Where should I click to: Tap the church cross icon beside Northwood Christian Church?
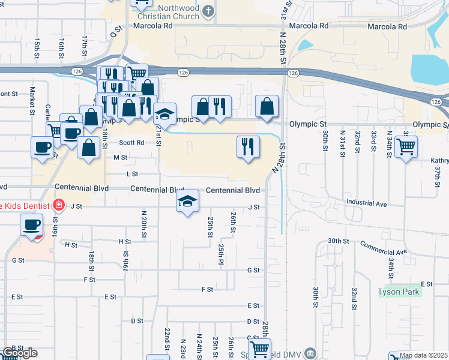coord(208,11)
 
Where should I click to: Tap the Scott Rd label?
coord(131,143)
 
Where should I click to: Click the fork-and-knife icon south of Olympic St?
coord(248,146)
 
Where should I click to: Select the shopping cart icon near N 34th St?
coord(406,145)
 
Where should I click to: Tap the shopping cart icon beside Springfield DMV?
coord(259,349)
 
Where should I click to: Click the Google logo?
coord(19,353)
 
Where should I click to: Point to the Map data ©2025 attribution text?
coord(424,355)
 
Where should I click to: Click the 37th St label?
coord(438,173)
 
